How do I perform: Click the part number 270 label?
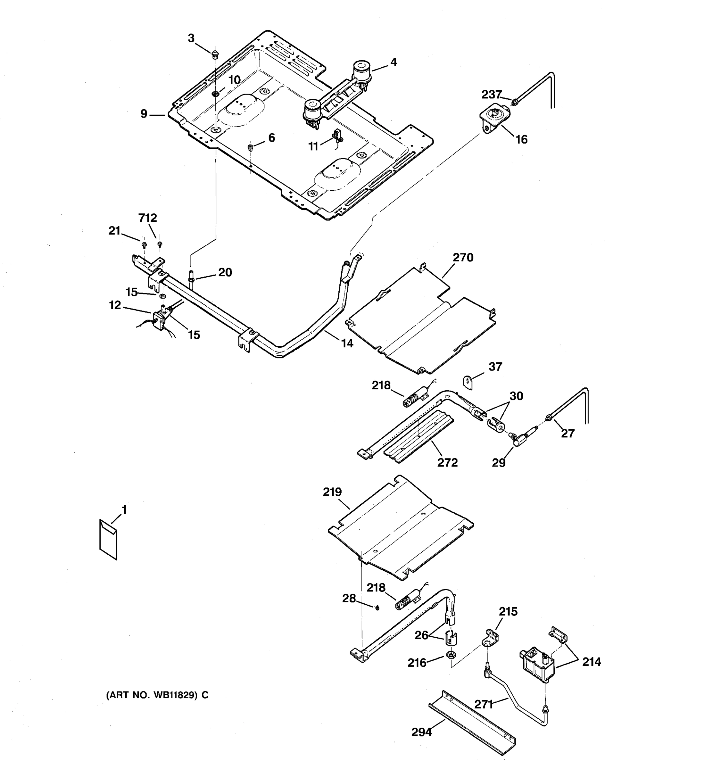pyautogui.click(x=463, y=257)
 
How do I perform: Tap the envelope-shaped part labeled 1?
pyautogui.click(x=108, y=539)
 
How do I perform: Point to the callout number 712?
pyautogui.click(x=148, y=218)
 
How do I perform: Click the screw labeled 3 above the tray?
pyautogui.click(x=215, y=53)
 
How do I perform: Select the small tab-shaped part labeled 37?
pyautogui.click(x=468, y=383)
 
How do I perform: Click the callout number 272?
pyautogui.click(x=448, y=462)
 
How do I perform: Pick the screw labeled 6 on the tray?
pyautogui.click(x=250, y=147)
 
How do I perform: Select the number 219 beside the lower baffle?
pyautogui.click(x=332, y=492)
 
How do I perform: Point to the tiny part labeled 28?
pyautogui.click(x=377, y=607)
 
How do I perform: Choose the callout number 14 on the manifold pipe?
pyautogui.click(x=347, y=343)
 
